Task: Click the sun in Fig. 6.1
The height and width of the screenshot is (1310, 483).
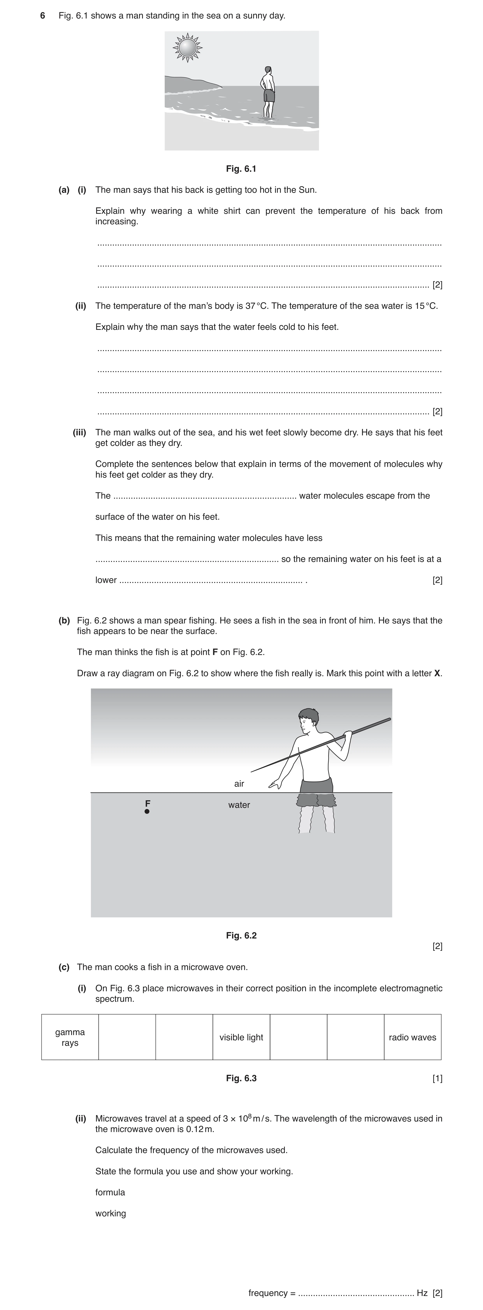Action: point(188,48)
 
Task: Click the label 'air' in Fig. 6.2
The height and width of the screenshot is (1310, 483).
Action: point(239,784)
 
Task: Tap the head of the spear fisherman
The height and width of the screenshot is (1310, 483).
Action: point(308,721)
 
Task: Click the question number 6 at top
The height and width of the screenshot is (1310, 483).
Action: point(43,16)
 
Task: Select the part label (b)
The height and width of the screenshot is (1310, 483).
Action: point(64,620)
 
